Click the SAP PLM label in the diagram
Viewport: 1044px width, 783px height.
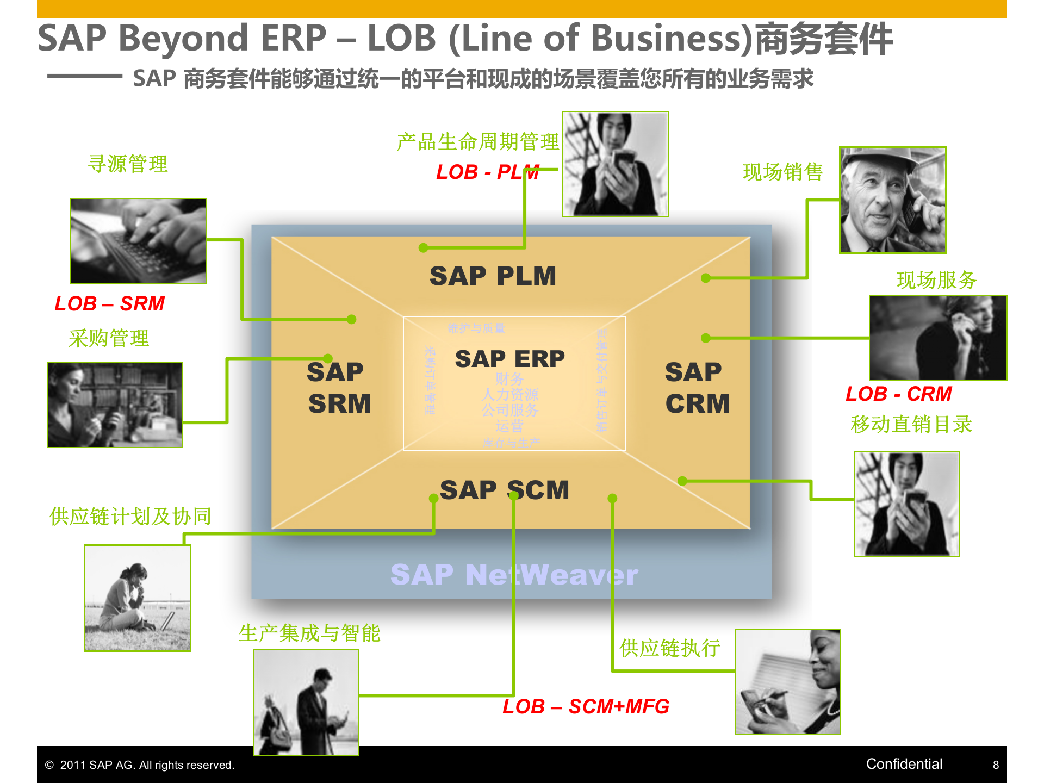[x=493, y=276]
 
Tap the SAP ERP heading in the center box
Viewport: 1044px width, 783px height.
[x=509, y=359]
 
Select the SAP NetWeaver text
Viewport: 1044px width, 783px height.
[x=514, y=575]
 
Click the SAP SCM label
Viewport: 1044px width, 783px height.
[x=504, y=490]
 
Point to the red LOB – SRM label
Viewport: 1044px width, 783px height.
[x=109, y=303]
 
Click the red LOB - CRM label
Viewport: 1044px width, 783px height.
[x=898, y=394]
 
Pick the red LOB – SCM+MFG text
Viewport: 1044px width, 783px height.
[x=586, y=706]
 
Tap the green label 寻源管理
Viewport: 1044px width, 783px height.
[x=128, y=164]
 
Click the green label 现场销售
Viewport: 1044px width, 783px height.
[x=782, y=172]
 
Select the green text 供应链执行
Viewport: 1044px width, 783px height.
[x=669, y=648]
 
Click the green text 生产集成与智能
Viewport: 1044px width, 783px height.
[x=309, y=633]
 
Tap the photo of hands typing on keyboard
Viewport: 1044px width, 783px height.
[x=138, y=241]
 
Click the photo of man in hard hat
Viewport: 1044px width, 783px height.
[x=892, y=200]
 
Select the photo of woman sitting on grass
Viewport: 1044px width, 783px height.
[x=138, y=598]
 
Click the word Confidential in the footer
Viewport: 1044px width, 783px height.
[x=904, y=764]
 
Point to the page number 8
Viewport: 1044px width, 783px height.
[x=996, y=765]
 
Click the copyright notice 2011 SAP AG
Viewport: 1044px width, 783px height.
[x=140, y=765]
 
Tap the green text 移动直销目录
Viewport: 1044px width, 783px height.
[x=911, y=424]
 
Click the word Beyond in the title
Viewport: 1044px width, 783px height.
[x=183, y=39]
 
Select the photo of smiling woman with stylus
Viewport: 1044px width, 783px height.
[x=787, y=682]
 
